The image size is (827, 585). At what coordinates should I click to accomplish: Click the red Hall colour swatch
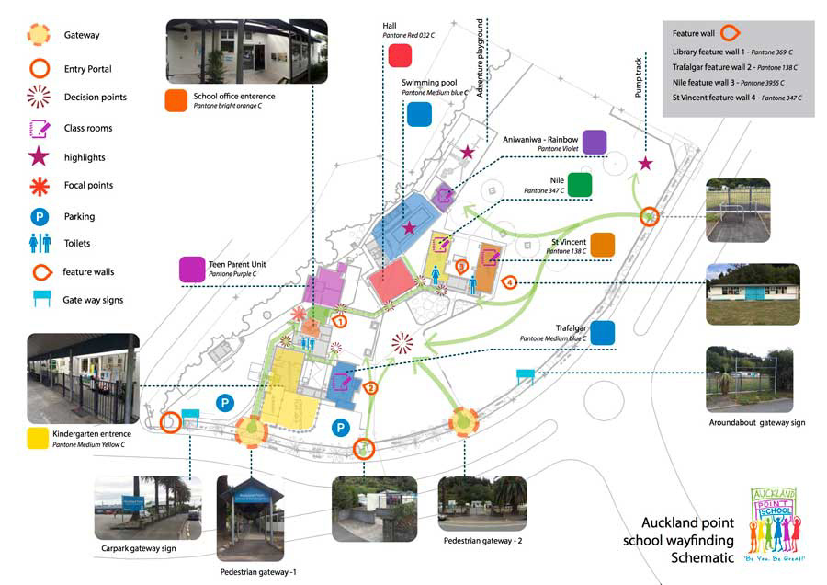click(400, 55)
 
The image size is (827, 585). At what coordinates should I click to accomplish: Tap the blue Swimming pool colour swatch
click(419, 113)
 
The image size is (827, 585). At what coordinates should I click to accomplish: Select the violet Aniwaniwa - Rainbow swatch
click(595, 142)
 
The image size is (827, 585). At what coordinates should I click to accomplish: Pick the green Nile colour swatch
click(579, 184)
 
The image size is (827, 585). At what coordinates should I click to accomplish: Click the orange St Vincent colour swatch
click(603, 245)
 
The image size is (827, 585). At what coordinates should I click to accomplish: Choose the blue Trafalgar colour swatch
click(603, 332)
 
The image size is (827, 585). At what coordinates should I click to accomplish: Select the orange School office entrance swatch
click(176, 100)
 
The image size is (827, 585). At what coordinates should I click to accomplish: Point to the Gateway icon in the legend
click(39, 35)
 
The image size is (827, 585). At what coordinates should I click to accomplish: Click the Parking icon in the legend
click(39, 216)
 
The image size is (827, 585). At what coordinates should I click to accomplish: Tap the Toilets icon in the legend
click(39, 243)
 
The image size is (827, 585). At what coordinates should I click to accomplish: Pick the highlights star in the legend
click(39, 157)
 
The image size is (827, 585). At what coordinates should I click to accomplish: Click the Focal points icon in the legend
click(39, 186)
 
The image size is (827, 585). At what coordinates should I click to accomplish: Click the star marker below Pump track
click(645, 163)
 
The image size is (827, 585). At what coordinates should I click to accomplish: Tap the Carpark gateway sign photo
click(147, 508)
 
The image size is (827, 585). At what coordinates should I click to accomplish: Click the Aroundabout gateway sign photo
click(749, 379)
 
